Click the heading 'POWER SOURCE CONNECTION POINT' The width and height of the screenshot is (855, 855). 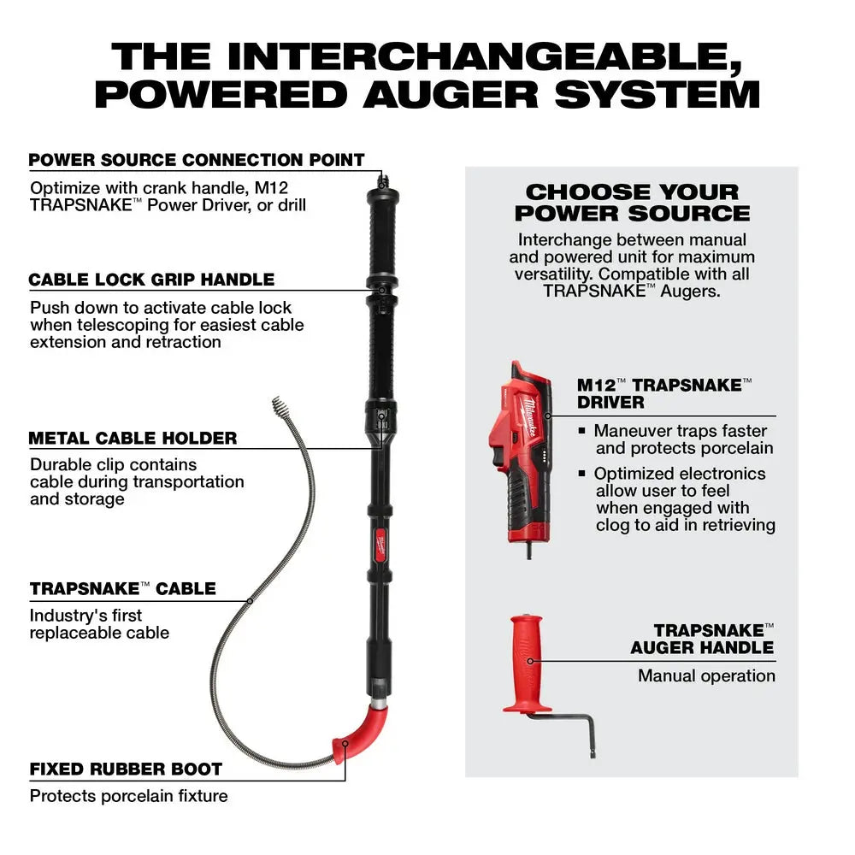click(197, 160)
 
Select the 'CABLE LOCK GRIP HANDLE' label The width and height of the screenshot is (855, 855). click(151, 280)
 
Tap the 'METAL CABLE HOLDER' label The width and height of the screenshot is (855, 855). click(133, 439)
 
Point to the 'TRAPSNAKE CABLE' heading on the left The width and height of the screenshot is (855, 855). click(122, 589)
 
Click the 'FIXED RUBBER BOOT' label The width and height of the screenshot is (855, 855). click(126, 769)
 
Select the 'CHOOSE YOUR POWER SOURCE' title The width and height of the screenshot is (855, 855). click(632, 203)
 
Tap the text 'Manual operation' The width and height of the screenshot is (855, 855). click(706, 675)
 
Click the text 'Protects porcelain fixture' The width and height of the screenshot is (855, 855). click(128, 796)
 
